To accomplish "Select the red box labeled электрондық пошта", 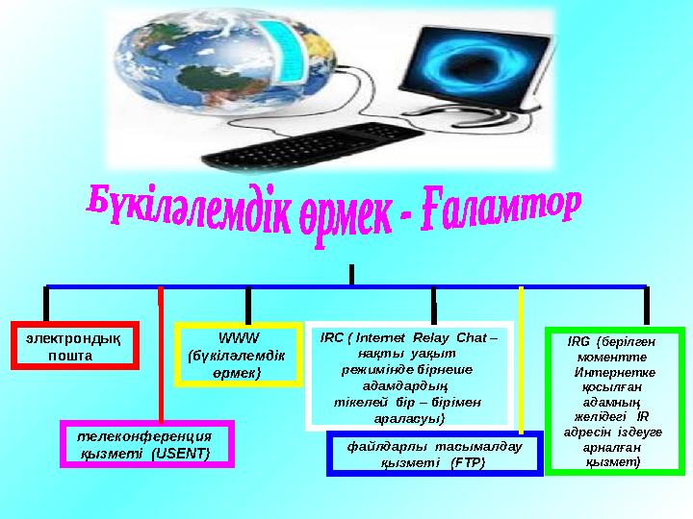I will (73, 347).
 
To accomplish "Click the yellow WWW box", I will (239, 355).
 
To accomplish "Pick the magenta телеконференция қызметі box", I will (146, 443).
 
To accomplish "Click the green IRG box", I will (614, 402).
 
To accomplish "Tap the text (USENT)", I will (180, 453).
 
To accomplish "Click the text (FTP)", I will (467, 462).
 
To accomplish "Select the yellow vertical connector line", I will (521, 356).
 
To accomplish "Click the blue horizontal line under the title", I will (346, 285).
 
